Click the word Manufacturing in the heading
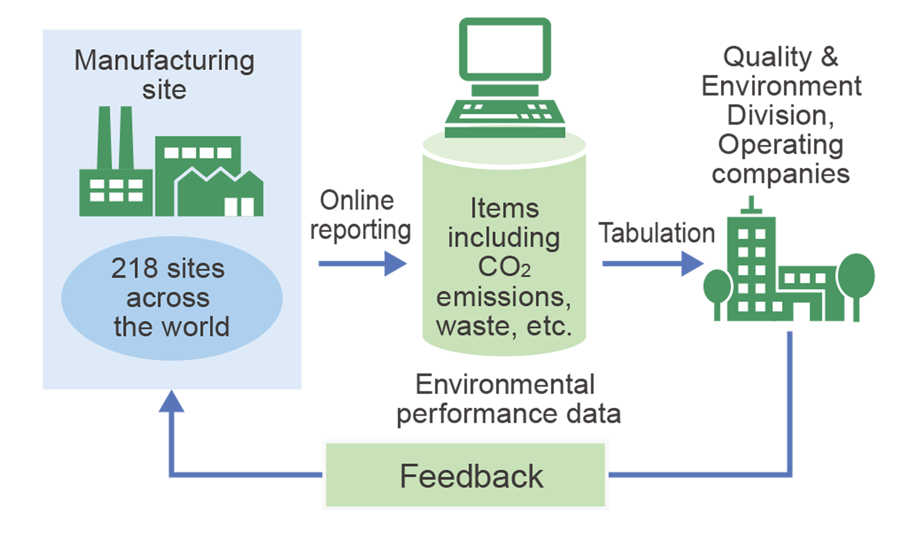(x=164, y=61)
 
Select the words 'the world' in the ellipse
(x=172, y=326)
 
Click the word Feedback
(x=471, y=476)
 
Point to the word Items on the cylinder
(x=505, y=209)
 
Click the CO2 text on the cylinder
(x=504, y=267)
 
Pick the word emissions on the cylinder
(x=503, y=297)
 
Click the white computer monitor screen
(x=505, y=49)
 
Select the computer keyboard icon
(x=505, y=112)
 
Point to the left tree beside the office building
(x=717, y=286)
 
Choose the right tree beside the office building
(x=856, y=276)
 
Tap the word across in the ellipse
(x=168, y=298)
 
